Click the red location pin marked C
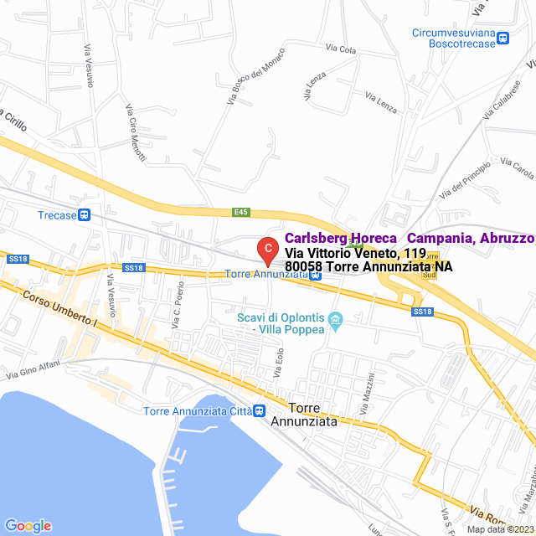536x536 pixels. (266, 249)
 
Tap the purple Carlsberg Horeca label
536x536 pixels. (410, 238)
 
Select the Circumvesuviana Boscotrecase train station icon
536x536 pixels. (502, 39)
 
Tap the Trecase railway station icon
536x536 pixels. (84, 215)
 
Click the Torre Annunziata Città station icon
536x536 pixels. (260, 410)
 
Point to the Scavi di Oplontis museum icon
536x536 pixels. (336, 320)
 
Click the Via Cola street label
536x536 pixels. (341, 49)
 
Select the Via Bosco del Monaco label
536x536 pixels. (256, 75)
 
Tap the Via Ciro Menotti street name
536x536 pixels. (136, 133)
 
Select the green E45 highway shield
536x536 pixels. (241, 213)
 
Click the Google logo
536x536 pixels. (28, 526)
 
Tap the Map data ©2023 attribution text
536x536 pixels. (498, 529)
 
